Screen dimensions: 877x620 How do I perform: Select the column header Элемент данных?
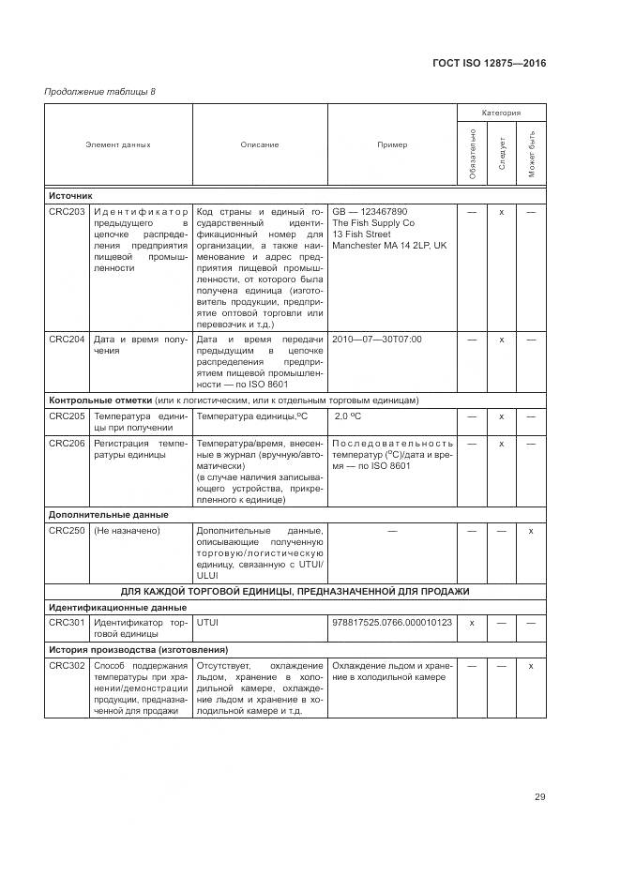[118, 145]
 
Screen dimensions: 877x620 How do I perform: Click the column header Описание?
[259, 145]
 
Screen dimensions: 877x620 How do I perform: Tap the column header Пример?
[392, 145]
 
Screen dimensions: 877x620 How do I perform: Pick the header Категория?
[501, 112]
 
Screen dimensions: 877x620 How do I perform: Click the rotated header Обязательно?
[473, 153]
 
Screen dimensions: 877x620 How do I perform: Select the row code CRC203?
[67, 212]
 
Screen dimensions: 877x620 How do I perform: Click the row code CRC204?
[67, 339]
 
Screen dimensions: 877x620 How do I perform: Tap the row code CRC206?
[67, 443]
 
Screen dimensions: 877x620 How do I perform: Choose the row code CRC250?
[67, 531]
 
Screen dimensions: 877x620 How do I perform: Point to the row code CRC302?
[67, 666]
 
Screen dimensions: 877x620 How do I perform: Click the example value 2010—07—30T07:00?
[377, 339]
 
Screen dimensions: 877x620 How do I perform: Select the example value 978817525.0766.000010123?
[391, 622]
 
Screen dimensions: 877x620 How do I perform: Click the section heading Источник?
[70, 196]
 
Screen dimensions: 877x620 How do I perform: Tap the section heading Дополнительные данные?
[108, 514]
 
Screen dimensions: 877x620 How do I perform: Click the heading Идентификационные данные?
[117, 607]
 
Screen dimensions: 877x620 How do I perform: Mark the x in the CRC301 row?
[472, 622]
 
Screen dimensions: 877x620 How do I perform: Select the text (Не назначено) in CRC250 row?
[127, 531]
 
